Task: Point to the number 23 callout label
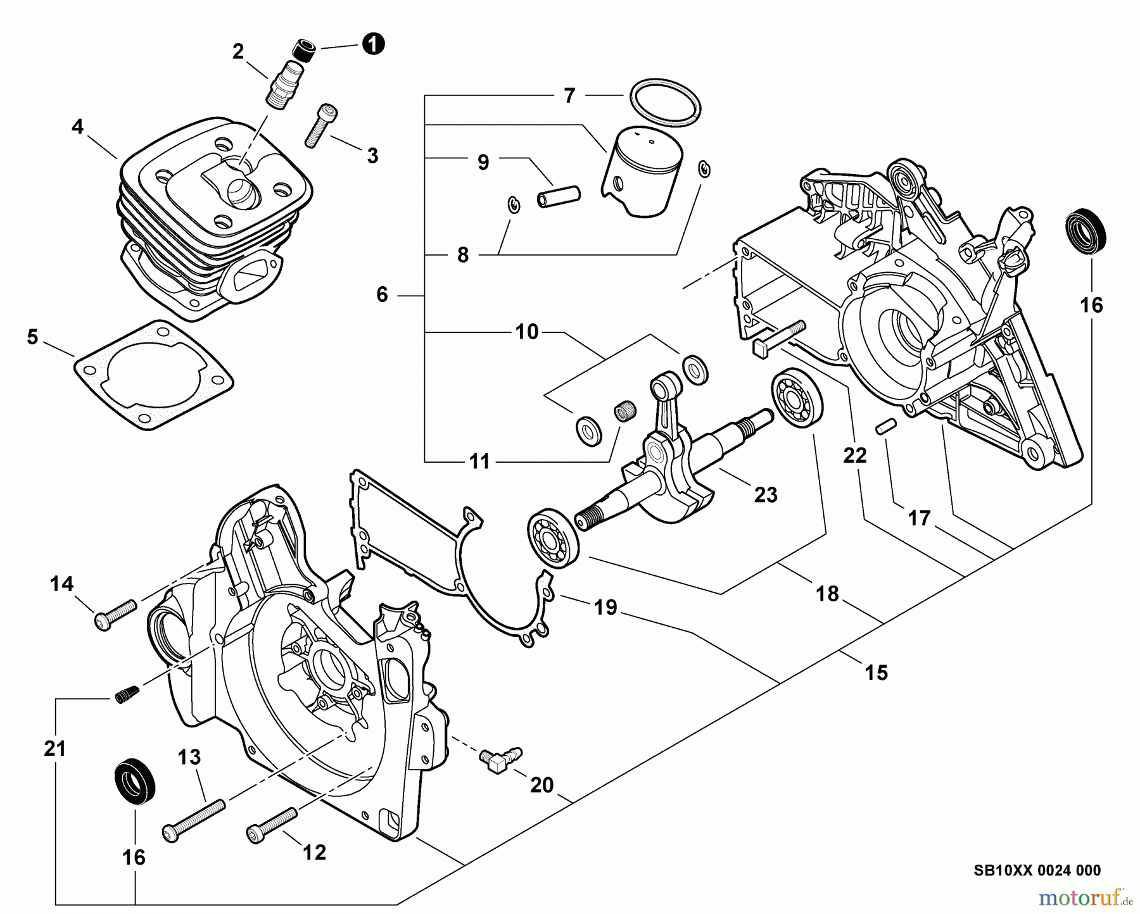click(766, 494)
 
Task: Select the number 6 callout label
click(382, 294)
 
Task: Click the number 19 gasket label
click(605, 608)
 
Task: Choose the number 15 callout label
click(877, 672)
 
